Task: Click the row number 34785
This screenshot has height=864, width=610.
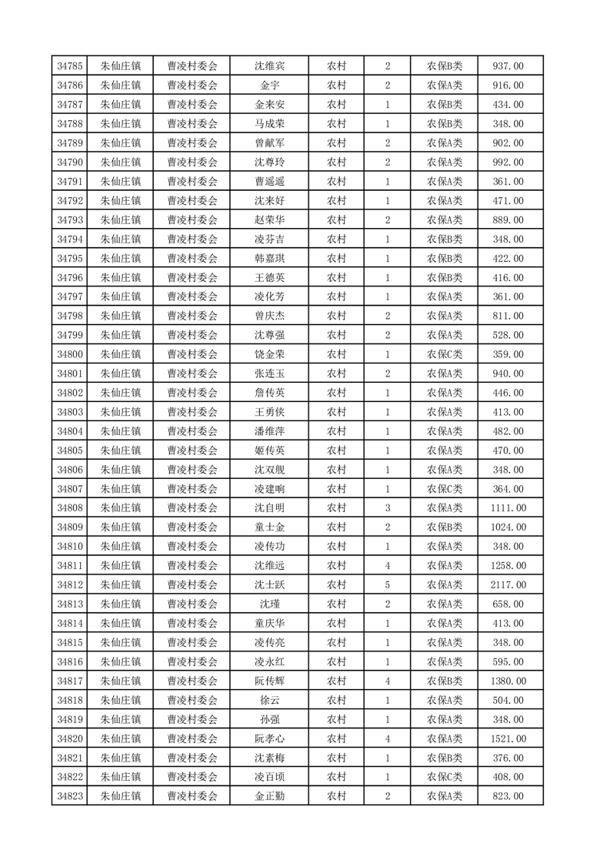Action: pos(71,66)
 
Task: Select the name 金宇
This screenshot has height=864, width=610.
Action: pos(270,85)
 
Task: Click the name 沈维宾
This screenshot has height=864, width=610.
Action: pos(270,66)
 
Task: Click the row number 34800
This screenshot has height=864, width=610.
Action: pos(71,354)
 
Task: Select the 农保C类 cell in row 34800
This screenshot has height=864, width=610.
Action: pos(445,354)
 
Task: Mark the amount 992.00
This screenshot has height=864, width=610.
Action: pos(508,162)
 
